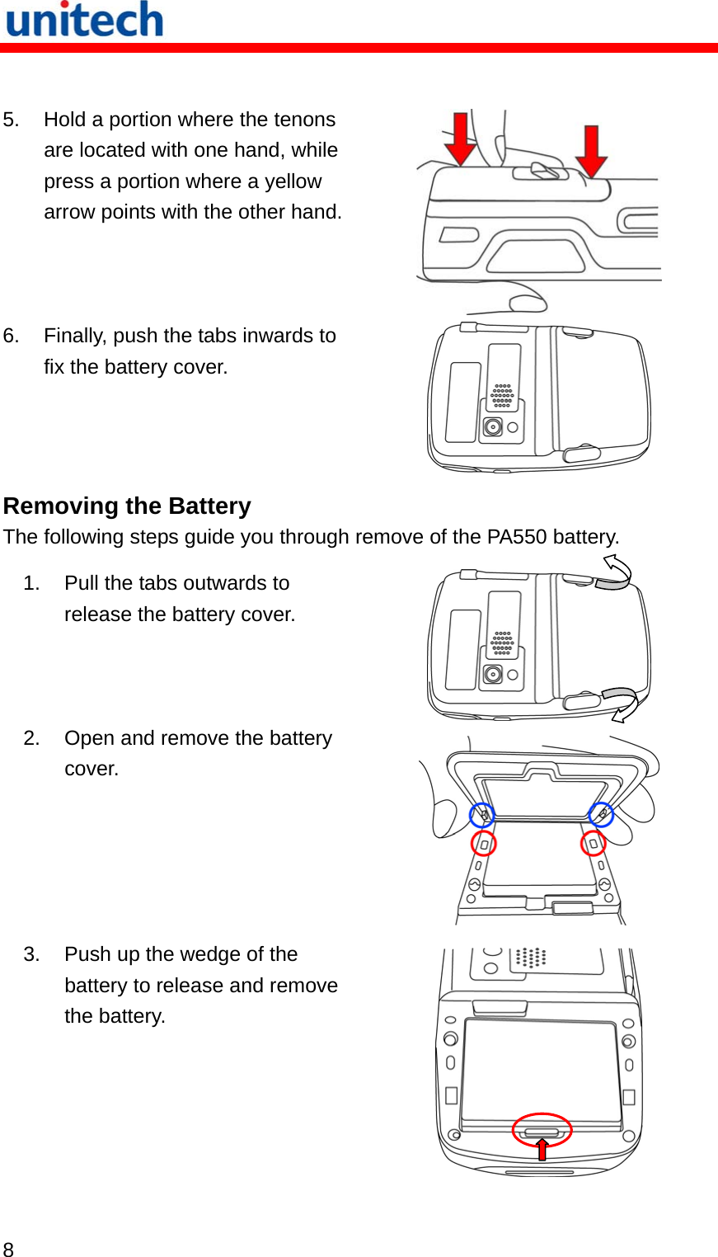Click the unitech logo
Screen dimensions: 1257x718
pos(85,20)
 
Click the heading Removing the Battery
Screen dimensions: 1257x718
pos(127,506)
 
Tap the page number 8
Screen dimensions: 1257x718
pos(8,1249)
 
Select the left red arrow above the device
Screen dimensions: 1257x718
pos(460,138)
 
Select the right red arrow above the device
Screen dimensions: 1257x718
pos(591,151)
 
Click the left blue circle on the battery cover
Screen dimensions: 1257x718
pos(482,815)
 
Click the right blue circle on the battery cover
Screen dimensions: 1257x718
pos(601,814)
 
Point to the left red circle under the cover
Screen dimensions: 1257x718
pos(483,843)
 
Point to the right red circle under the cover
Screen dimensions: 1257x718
pos(593,843)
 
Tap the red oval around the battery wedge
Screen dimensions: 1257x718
pos(542,1130)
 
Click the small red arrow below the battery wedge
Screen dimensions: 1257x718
pos(542,1149)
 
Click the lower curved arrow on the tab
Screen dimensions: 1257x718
pos(621,702)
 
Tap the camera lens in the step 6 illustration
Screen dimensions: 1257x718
pos(492,427)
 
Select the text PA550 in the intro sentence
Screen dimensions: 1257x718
pos(516,537)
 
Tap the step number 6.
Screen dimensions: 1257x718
pos(11,336)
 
